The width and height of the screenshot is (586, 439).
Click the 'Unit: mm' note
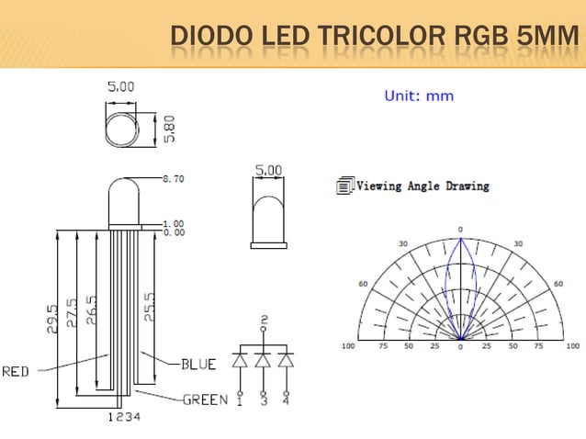418,96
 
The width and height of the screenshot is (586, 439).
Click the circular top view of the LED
122,128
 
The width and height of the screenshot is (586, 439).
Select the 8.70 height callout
173,178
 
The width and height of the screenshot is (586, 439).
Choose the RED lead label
16,372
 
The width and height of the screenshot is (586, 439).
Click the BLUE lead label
197,365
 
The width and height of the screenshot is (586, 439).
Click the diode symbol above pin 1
241,360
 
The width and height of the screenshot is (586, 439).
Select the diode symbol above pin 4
286,360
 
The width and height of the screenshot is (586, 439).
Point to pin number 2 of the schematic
264,320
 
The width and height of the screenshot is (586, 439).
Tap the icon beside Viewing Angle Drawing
344,186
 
